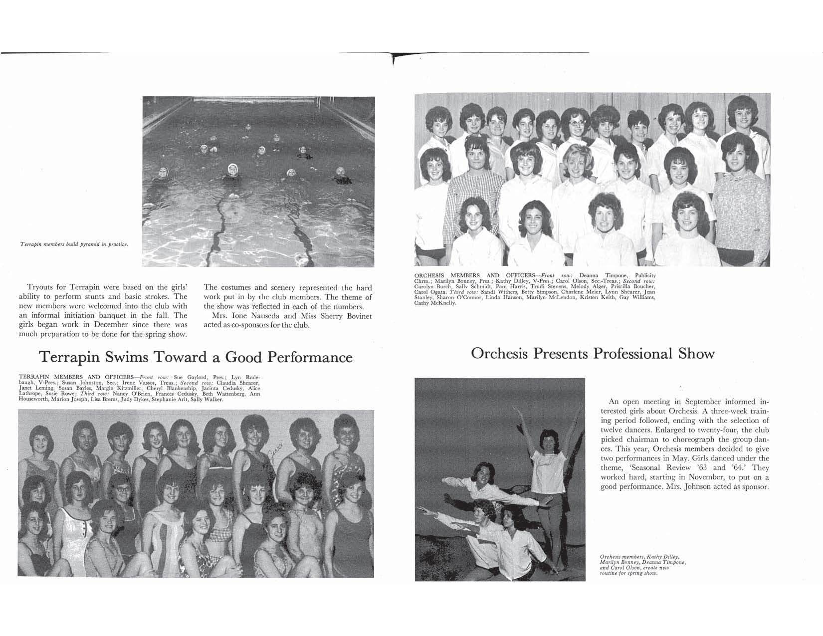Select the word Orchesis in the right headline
[x=499, y=354]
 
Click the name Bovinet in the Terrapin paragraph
[x=355, y=316]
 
